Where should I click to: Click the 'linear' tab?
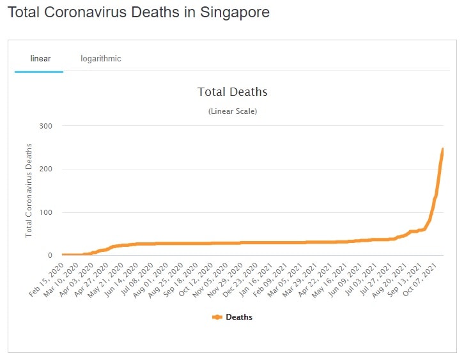coord(40,59)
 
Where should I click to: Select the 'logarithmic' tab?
coord(101,59)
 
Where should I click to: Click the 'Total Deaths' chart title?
coord(233,92)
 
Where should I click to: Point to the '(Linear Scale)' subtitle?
coord(233,111)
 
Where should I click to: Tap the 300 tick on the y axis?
coord(46,126)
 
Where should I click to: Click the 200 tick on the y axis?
coord(46,169)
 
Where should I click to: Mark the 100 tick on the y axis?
coord(46,213)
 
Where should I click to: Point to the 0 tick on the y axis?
coord(49,256)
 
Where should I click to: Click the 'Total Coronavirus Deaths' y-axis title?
coord(29,191)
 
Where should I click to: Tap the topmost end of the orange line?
coord(442,149)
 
